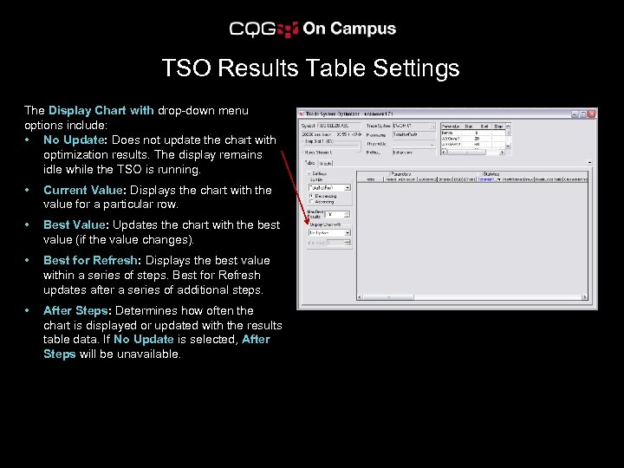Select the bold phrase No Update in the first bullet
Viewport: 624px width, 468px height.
click(73, 140)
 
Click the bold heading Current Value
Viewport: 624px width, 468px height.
click(85, 190)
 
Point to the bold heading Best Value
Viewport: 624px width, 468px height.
click(75, 224)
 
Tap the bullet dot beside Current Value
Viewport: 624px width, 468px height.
click(29, 190)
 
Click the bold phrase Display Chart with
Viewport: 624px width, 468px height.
click(101, 110)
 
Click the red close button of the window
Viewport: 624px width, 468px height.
click(592, 114)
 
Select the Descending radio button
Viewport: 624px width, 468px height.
click(311, 195)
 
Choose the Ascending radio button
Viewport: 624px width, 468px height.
click(311, 202)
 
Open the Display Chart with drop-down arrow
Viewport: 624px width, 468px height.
click(348, 232)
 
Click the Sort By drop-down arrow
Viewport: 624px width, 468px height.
click(348, 187)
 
